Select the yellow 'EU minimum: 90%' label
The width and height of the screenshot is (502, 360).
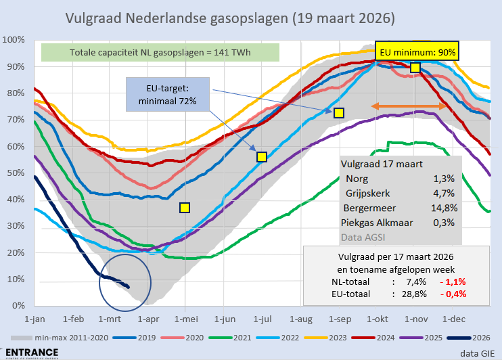[x=417, y=51]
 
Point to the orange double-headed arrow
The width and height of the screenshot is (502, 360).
[x=409, y=107]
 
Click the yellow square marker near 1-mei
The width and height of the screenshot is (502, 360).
[x=184, y=208]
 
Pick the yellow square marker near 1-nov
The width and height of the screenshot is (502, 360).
[x=415, y=67]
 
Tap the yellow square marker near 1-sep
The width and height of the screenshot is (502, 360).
[x=339, y=112]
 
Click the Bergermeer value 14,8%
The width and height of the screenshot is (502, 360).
[x=443, y=208]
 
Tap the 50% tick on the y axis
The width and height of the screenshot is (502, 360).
[x=14, y=173]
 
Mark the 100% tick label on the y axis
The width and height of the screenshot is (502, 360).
[x=12, y=40]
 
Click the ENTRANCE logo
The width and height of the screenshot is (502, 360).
[x=30, y=352]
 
